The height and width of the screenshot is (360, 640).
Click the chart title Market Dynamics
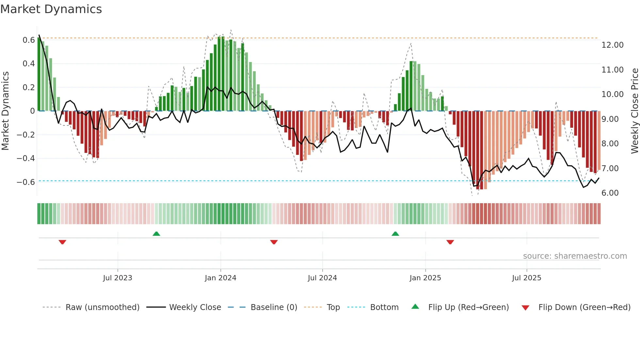51,9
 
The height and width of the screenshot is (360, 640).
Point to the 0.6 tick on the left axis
28,40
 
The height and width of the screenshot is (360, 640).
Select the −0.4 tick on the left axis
26,158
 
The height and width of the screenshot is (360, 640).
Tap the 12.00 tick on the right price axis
612,45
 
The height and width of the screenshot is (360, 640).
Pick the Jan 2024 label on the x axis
220,278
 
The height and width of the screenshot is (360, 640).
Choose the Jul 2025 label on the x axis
526,278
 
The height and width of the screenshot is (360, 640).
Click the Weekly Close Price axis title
634,111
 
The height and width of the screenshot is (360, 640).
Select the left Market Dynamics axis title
5,111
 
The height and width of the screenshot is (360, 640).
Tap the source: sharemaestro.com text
575,256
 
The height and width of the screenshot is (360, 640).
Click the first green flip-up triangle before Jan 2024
156,234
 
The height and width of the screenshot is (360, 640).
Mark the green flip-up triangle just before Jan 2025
395,234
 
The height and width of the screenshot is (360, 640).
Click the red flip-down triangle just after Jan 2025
450,242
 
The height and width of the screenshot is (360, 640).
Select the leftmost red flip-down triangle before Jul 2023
62,242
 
